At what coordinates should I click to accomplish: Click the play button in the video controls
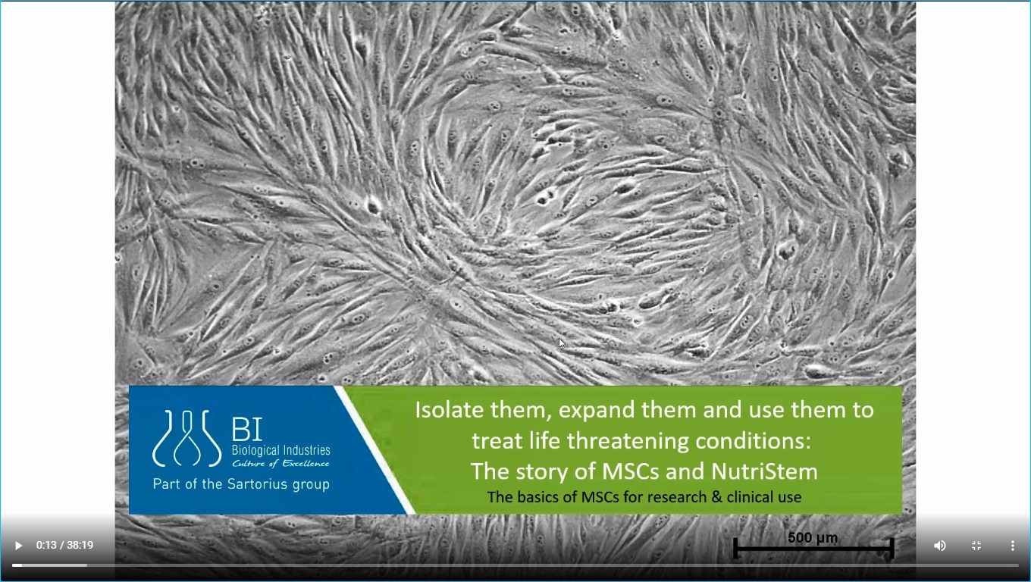18,546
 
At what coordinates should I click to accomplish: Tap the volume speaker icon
940,546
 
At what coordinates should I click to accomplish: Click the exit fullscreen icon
976,546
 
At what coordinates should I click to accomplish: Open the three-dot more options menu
1013,546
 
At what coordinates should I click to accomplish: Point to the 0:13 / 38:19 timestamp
65,545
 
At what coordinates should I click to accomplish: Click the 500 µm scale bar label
813,537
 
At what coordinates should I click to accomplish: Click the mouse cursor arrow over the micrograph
562,343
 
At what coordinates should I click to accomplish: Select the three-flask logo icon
186,438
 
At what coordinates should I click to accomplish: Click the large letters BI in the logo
247,429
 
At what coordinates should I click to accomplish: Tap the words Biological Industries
281,450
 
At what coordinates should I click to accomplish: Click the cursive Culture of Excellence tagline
280,463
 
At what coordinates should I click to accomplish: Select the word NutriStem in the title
764,471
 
